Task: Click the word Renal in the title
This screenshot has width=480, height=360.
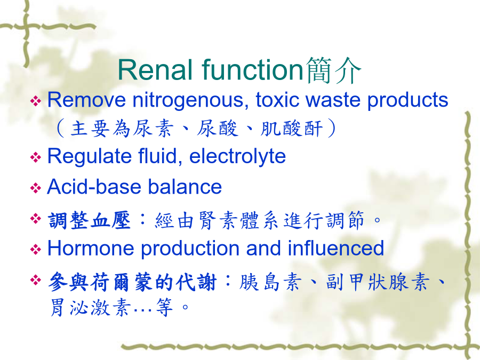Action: click(x=157, y=70)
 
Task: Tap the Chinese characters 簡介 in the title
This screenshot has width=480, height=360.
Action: click(x=333, y=70)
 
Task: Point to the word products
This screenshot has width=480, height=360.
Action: click(x=408, y=100)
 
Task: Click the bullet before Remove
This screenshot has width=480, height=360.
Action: click(x=36, y=101)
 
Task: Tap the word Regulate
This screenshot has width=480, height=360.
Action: click(x=90, y=156)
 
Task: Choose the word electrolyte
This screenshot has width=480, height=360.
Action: click(x=237, y=156)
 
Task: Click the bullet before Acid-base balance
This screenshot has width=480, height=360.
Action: click(x=36, y=188)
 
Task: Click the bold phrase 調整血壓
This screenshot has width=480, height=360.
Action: click(x=90, y=220)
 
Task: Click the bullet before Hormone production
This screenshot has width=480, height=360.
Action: click(x=36, y=249)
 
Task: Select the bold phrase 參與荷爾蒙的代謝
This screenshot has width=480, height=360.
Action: click(x=132, y=282)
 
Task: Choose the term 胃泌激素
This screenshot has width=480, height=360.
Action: click(x=90, y=307)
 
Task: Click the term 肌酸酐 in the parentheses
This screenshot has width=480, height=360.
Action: click(x=292, y=128)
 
